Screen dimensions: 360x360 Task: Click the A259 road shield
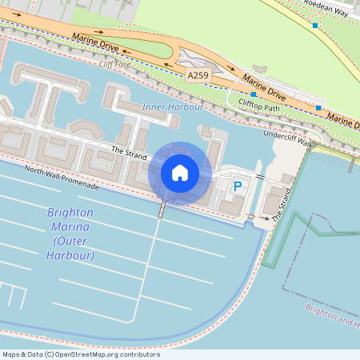(198, 74)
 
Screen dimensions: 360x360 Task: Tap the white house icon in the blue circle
(180, 172)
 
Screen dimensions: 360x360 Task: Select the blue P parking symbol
(237, 186)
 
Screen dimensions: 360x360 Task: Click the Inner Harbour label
(173, 106)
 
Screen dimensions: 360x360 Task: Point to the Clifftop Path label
(259, 105)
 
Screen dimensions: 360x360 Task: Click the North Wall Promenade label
(62, 177)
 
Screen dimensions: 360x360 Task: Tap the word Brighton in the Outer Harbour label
(70, 213)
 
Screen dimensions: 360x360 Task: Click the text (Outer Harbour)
(74, 249)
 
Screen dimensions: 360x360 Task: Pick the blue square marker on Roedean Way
(315, 26)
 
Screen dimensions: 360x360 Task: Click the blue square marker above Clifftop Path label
(254, 94)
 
